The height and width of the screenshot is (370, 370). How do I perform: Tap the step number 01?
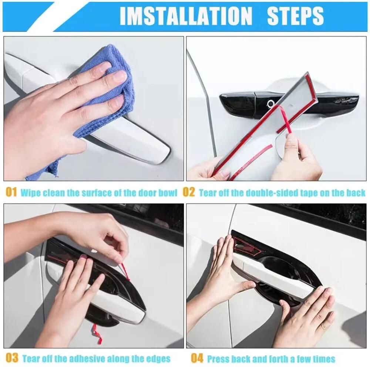point(11,192)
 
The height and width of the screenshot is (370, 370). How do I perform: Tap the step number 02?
point(189,192)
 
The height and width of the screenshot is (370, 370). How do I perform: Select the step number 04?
point(197,358)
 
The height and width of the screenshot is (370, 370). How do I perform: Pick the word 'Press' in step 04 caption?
point(218,359)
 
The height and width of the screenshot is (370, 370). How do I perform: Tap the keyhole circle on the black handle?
point(271,105)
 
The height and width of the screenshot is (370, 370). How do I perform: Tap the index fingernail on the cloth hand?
point(119,77)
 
